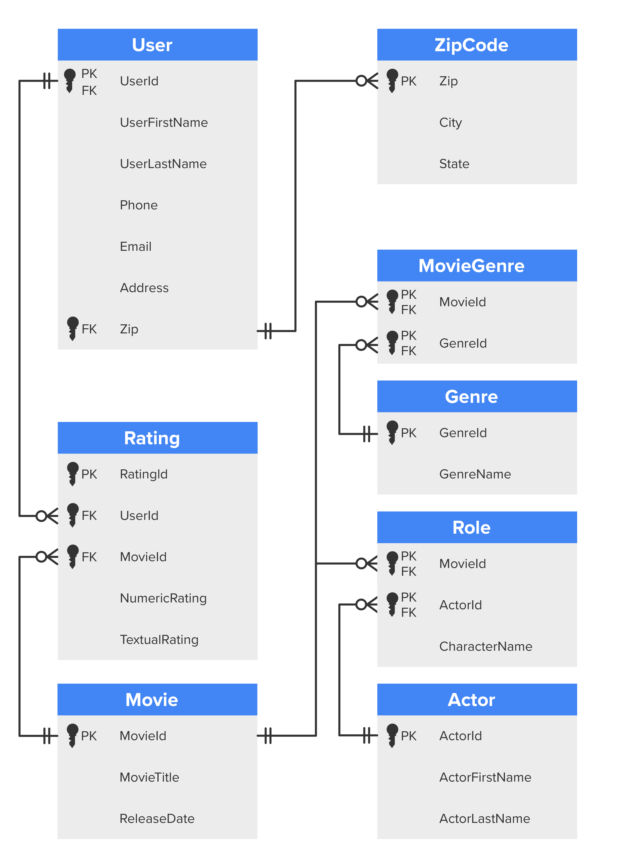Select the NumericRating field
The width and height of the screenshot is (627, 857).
pos(163,598)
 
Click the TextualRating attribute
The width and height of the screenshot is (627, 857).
pos(159,640)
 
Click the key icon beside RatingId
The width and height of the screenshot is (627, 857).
pos(73,473)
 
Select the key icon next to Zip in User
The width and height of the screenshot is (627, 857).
pos(73,329)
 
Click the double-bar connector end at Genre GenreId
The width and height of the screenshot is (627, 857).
pos(367,434)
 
